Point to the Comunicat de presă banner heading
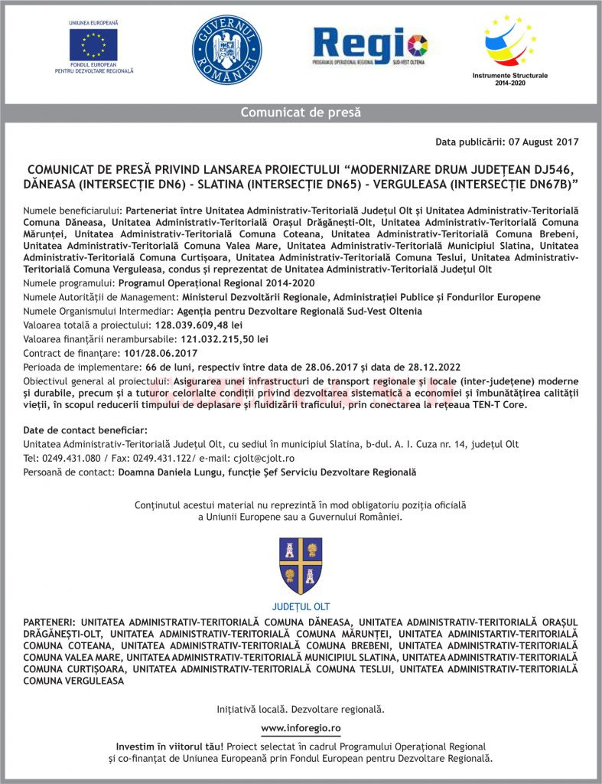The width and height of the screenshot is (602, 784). tap(301, 113)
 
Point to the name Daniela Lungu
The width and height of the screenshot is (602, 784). tap(177, 472)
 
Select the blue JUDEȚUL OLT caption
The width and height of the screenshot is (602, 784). tap(301, 606)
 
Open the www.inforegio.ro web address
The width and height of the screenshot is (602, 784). tap(301, 727)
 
